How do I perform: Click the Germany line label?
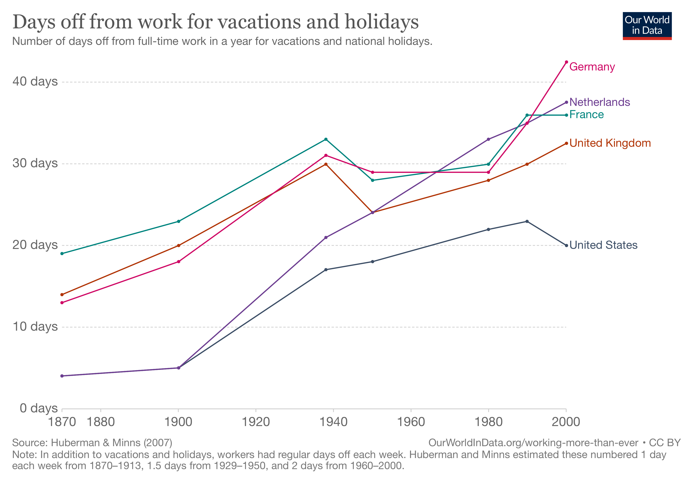[592, 67]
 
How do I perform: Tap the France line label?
[586, 115]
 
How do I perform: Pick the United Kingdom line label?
[610, 143]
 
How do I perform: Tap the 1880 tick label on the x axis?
[101, 422]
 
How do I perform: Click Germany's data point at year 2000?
[566, 62]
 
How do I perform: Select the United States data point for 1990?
[527, 221]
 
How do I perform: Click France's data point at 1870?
[62, 254]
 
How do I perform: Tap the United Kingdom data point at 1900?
[178, 246]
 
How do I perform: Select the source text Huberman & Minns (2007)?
[111, 443]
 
